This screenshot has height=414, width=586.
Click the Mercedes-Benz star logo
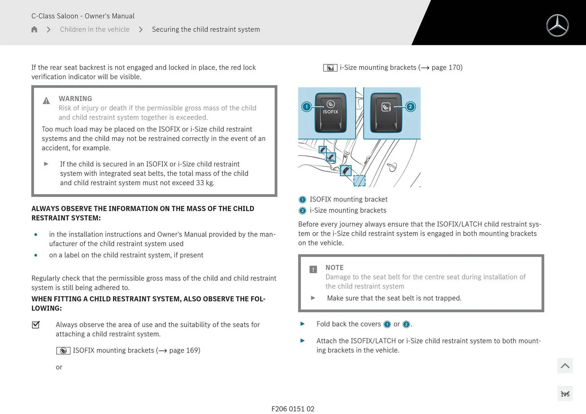click(x=557, y=26)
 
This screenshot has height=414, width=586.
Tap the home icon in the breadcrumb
click(x=34, y=29)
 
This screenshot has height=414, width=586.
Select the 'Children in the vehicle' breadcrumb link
click(x=95, y=29)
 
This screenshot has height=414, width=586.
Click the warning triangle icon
click(x=46, y=101)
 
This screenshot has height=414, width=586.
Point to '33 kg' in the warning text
click(x=205, y=183)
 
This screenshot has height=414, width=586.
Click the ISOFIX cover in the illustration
click(x=331, y=113)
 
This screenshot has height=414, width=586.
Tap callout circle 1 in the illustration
click(x=306, y=107)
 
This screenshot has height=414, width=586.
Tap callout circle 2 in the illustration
click(x=411, y=107)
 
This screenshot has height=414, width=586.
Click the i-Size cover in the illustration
click(x=386, y=113)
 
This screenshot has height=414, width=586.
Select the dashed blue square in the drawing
click(x=359, y=180)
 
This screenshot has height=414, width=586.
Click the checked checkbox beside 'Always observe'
click(x=36, y=325)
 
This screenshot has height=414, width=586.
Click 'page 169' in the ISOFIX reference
click(x=184, y=350)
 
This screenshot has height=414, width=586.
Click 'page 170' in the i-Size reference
click(x=447, y=67)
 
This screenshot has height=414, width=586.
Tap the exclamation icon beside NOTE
click(x=313, y=269)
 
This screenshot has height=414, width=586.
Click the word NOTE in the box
click(x=334, y=267)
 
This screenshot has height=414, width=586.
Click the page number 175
click(x=565, y=394)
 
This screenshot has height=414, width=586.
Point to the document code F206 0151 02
click(x=293, y=409)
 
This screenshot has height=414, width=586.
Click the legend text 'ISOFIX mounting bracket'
click(x=348, y=199)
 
